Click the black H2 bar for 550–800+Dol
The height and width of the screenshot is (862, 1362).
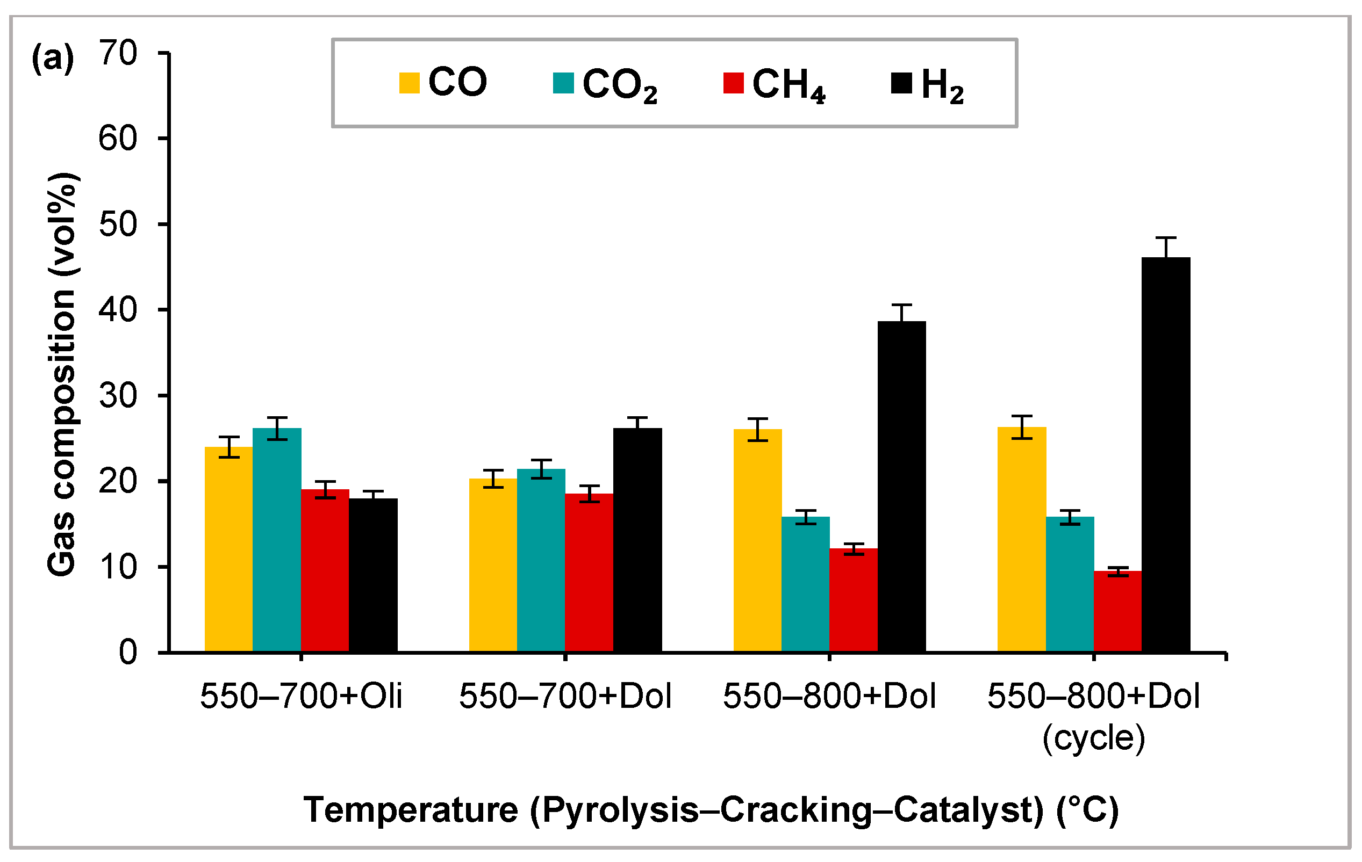901,487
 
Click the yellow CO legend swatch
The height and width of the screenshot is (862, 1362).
409,83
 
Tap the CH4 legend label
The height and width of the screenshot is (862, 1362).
788,85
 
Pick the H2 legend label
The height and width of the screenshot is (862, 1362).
942,85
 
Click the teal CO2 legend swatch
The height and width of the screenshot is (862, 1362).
563,83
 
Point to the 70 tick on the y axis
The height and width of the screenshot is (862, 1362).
164,53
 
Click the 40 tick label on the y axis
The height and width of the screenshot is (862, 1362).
118,310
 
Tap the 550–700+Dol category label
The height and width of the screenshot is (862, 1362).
565,696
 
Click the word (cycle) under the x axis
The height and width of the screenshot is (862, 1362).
1093,737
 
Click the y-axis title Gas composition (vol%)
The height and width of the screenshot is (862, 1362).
62,375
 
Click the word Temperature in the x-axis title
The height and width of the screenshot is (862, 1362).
411,809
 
